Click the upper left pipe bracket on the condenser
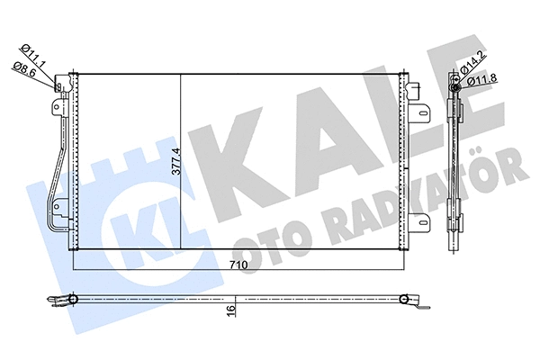click(x=57, y=106)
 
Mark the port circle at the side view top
click(x=456, y=81)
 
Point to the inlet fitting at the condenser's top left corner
click(x=62, y=86)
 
